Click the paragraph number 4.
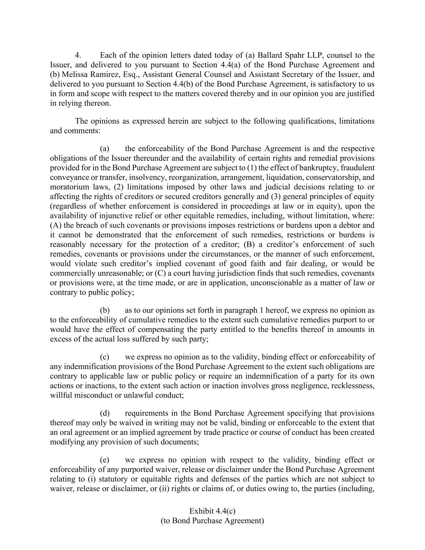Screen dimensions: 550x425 click(79, 55)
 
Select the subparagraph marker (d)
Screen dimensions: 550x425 click(105, 413)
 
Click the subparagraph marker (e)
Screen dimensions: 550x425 click(105, 460)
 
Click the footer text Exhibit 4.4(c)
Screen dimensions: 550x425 click(212, 511)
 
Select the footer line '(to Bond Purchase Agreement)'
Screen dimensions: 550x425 click(212, 521)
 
